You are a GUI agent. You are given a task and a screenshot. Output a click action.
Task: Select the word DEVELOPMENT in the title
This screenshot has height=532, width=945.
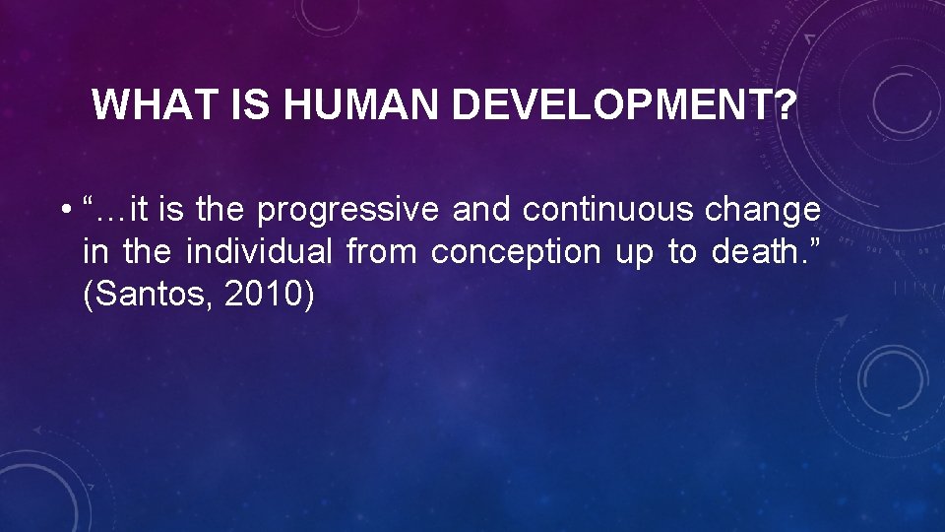[598, 104]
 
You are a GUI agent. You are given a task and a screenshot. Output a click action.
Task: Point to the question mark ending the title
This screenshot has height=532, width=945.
[785, 104]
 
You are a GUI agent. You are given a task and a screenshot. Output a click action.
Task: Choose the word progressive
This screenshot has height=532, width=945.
[348, 210]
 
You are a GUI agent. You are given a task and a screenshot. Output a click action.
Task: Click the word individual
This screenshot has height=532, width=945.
[260, 252]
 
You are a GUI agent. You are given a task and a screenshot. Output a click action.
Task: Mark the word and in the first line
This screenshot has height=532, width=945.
[482, 210]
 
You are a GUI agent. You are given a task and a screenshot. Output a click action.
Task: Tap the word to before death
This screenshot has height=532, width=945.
[681, 252]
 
